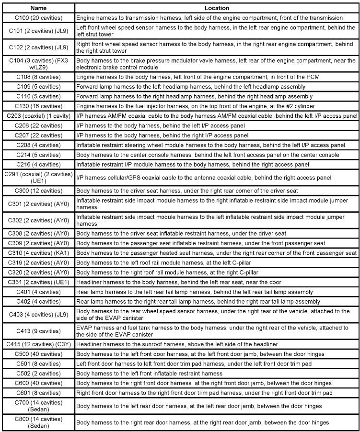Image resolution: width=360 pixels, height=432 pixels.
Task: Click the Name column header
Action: coord(38,8)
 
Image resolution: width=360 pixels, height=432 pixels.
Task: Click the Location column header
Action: coord(216,8)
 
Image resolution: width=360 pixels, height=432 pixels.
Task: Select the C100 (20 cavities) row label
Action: coord(38,17)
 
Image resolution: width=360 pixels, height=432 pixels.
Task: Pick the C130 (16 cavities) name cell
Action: coord(38,106)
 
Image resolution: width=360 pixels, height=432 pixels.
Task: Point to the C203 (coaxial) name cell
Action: coord(38,116)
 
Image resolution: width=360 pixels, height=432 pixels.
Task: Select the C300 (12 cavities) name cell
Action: coord(38,191)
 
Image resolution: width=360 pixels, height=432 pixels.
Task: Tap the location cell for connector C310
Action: coord(216,252)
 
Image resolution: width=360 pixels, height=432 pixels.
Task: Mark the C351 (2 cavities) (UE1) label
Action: coord(38,282)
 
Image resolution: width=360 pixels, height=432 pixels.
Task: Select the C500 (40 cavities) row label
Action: coord(38,354)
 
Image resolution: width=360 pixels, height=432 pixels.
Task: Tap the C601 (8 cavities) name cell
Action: coord(38,393)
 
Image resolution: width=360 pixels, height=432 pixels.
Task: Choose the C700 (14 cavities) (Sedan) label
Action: coord(38,406)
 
